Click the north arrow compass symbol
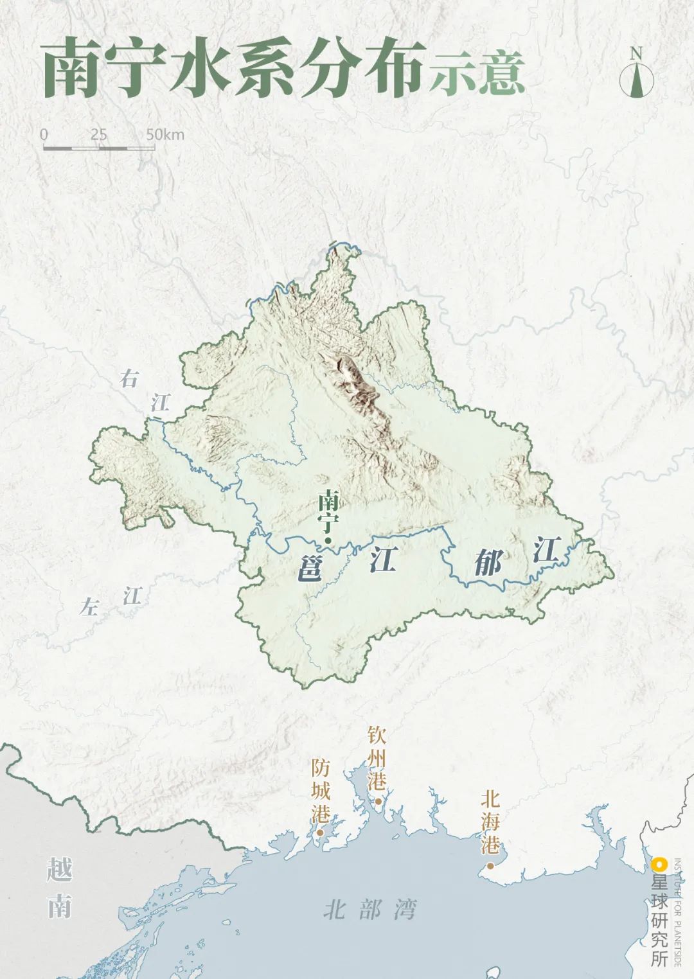pos(636,74)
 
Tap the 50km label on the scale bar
pos(165,134)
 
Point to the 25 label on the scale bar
pos(99,134)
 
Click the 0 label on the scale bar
pos(44,134)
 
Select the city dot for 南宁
pos(327,540)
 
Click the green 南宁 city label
pos(328,511)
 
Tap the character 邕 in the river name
pos(310,567)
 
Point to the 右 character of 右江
pos(129,379)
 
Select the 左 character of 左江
pos(89,606)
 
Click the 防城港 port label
pos(320,791)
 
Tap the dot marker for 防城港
pos(319,833)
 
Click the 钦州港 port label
pos(377,758)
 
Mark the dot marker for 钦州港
pos(378,801)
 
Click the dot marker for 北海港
pos(490,865)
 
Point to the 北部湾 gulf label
pos(369,910)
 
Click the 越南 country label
pos(59,888)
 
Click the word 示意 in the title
pos(477,72)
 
